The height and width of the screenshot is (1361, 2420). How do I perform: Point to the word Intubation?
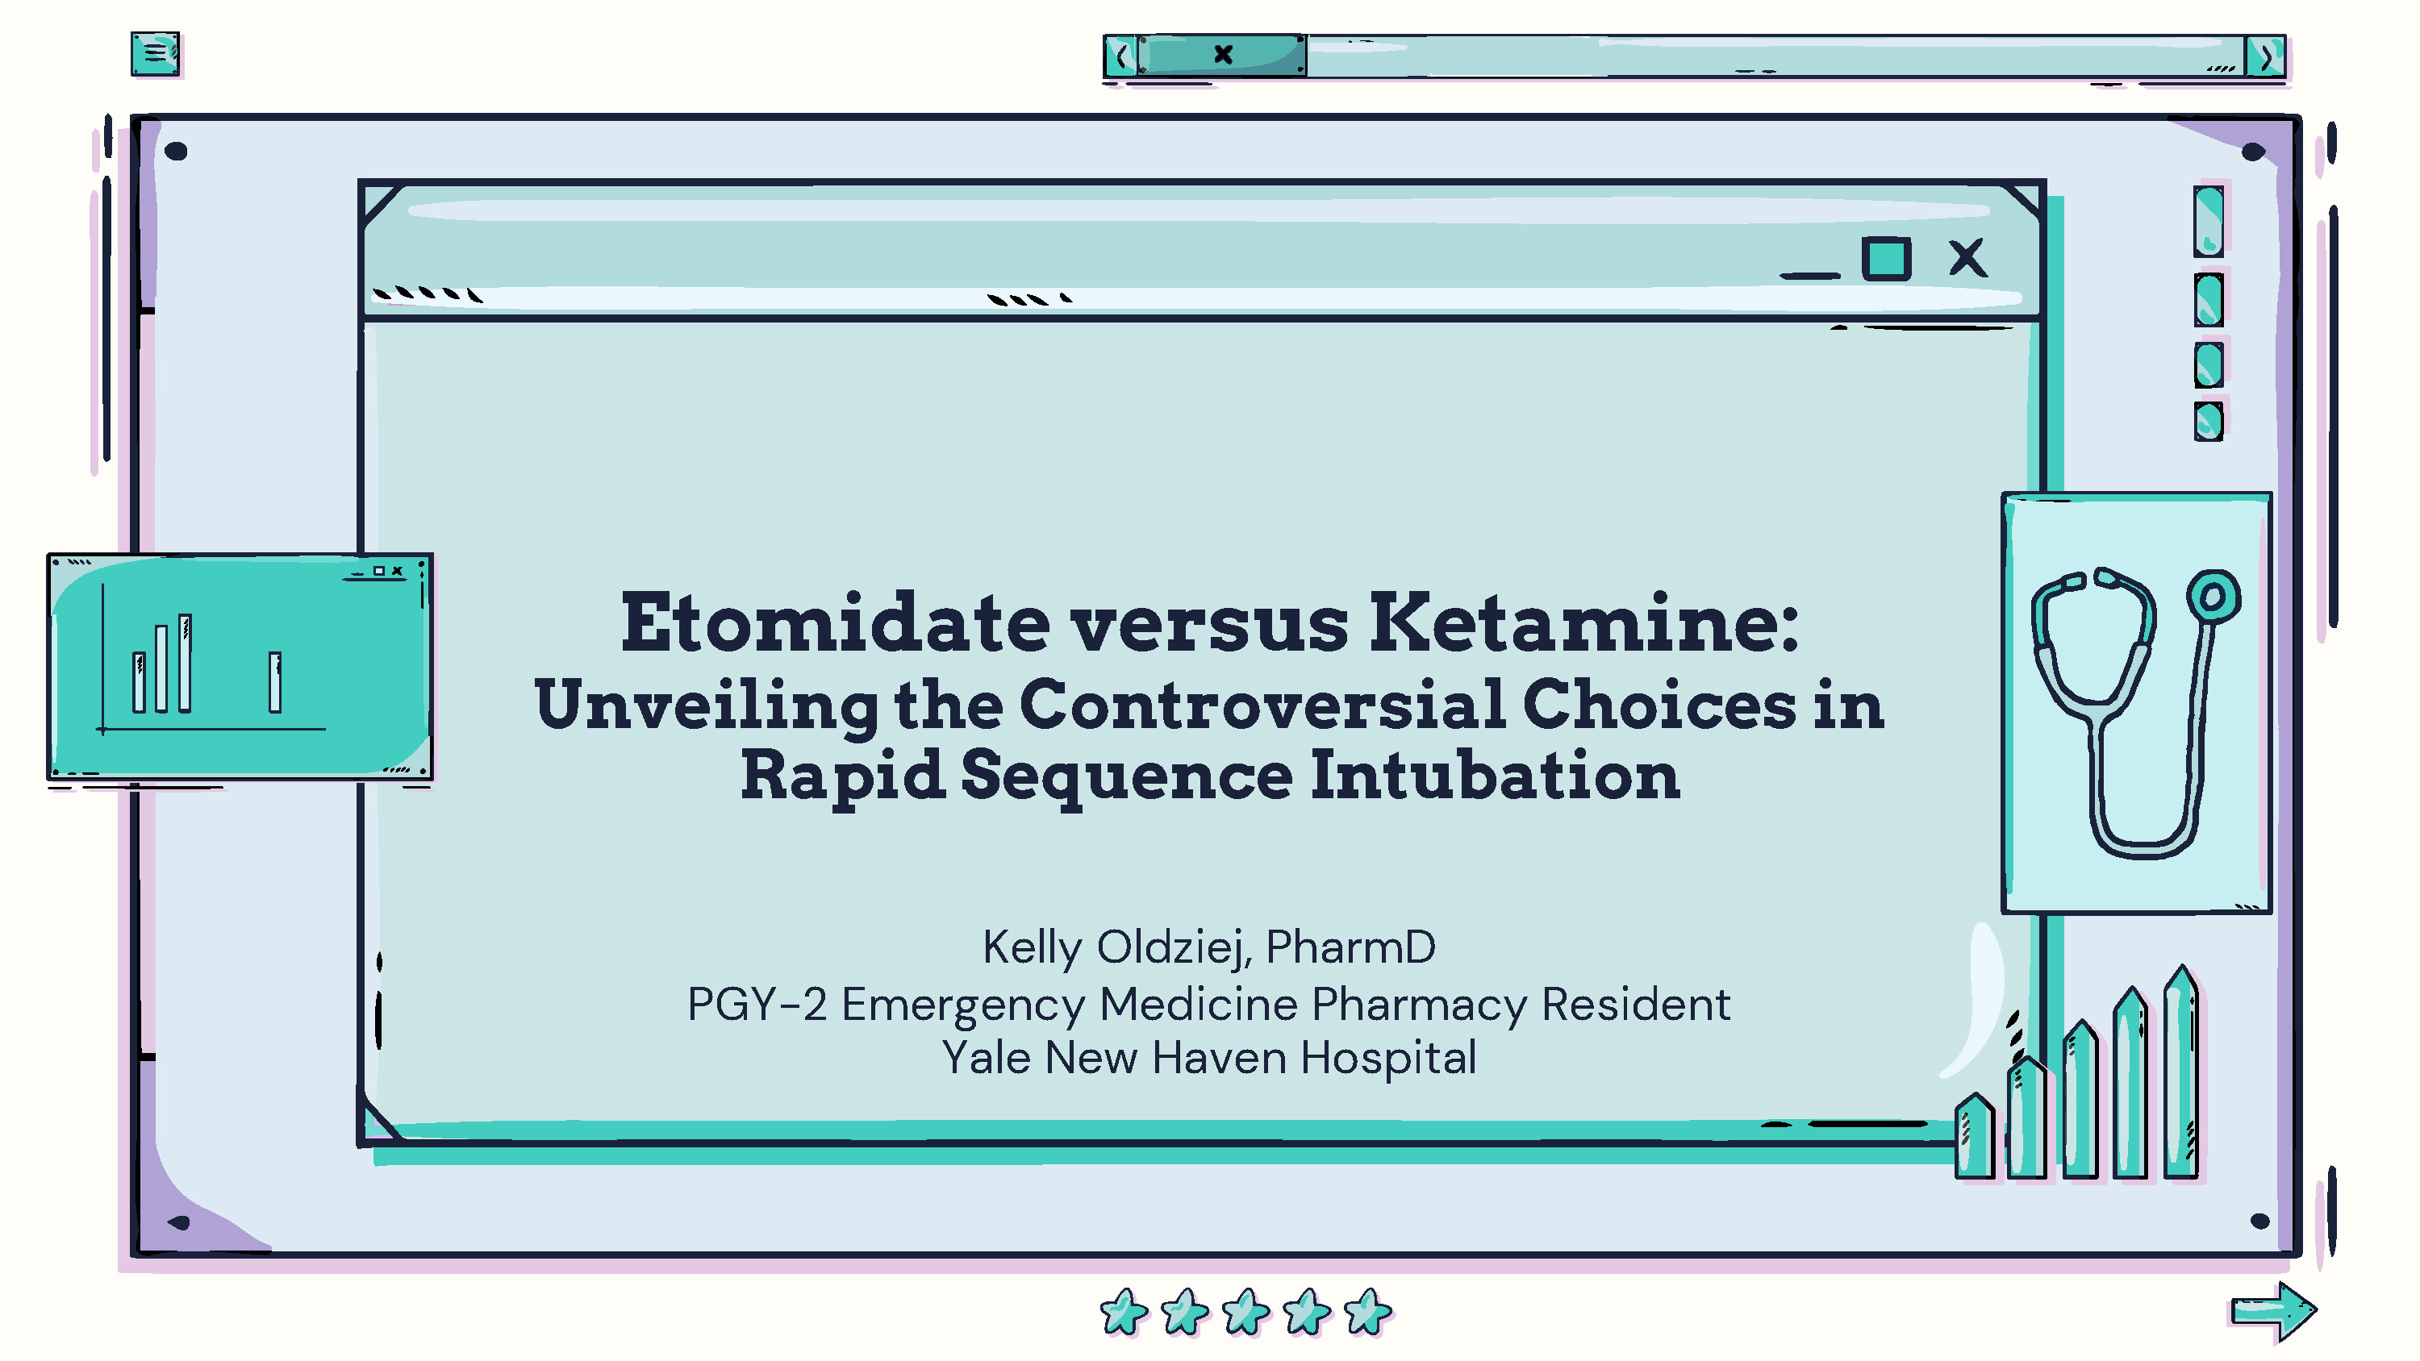point(1494,776)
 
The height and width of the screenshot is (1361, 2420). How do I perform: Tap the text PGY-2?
point(757,1004)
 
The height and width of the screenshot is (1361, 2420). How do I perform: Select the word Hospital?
point(1387,1059)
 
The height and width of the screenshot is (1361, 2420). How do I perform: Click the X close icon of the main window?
point(1967,257)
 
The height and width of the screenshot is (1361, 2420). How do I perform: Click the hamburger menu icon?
point(155,53)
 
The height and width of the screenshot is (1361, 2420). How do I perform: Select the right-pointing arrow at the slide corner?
point(2274,1311)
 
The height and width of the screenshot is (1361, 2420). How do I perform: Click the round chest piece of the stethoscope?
point(2213,597)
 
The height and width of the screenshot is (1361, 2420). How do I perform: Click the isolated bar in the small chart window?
point(274,682)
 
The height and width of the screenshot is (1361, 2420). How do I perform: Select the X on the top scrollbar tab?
point(1223,55)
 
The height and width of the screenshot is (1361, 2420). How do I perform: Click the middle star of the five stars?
point(1245,1311)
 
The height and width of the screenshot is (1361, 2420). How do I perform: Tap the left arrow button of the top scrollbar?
point(1120,56)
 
